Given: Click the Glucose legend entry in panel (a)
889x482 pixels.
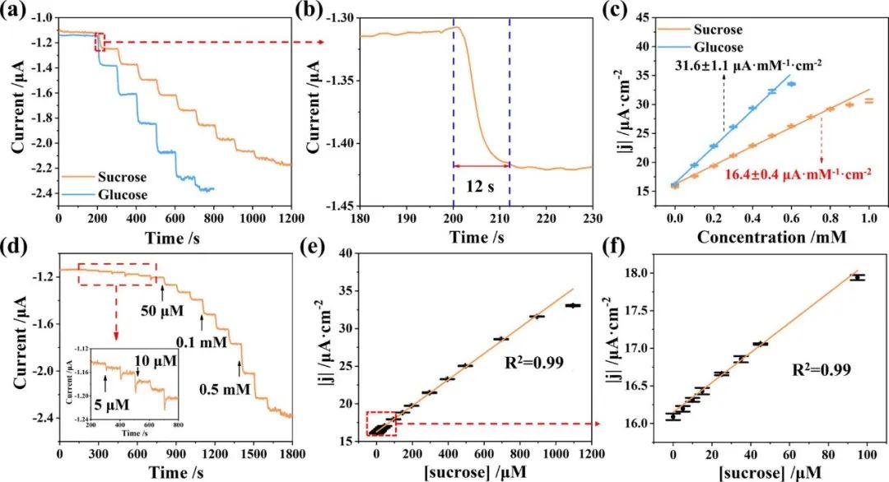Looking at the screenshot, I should click(x=121, y=195).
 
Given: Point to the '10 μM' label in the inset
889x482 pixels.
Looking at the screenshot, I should click(x=158, y=361).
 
